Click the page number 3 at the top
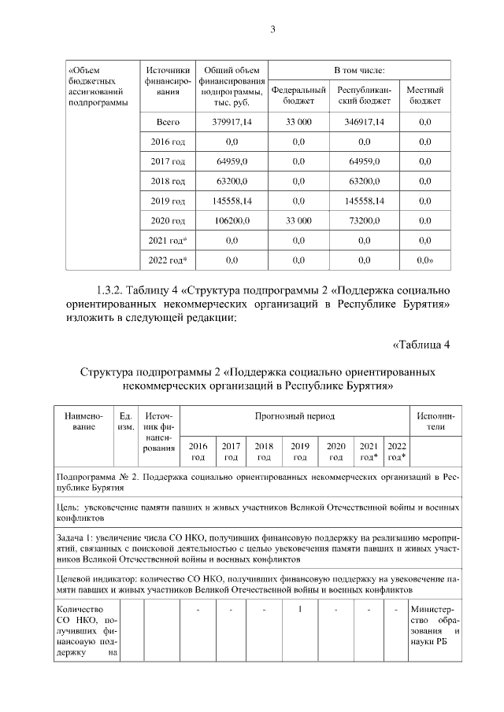click(x=272, y=30)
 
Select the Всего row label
click(x=168, y=122)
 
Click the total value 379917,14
click(x=232, y=122)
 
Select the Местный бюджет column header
click(x=424, y=95)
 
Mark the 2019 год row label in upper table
click(x=168, y=201)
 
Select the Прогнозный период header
click(x=294, y=415)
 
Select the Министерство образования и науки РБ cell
click(x=435, y=628)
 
